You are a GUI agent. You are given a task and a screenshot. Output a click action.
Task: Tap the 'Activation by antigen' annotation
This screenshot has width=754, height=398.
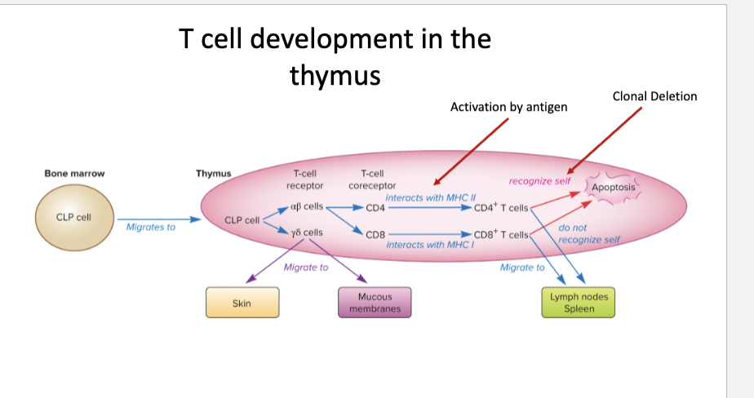pos(508,107)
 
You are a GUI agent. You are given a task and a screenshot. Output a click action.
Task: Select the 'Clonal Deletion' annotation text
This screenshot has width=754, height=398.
pos(654,96)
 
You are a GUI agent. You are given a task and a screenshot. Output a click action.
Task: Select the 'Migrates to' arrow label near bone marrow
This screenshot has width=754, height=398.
pos(151,227)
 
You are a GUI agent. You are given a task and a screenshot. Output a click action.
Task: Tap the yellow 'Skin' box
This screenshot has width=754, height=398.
pos(242,303)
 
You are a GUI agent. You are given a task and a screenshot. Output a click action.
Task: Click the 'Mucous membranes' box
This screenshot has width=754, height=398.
pos(375,303)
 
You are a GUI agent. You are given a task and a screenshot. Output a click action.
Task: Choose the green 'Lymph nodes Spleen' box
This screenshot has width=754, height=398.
pos(579,303)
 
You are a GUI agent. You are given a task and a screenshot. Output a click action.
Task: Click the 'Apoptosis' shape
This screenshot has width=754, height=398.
pos(612,188)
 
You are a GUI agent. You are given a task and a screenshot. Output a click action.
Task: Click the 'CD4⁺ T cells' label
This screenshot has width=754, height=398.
pos(501,207)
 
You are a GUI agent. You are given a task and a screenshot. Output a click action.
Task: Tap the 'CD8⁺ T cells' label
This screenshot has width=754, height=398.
pos(501,234)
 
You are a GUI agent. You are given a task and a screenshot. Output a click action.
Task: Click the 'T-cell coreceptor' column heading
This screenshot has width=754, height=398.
pos(372,179)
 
